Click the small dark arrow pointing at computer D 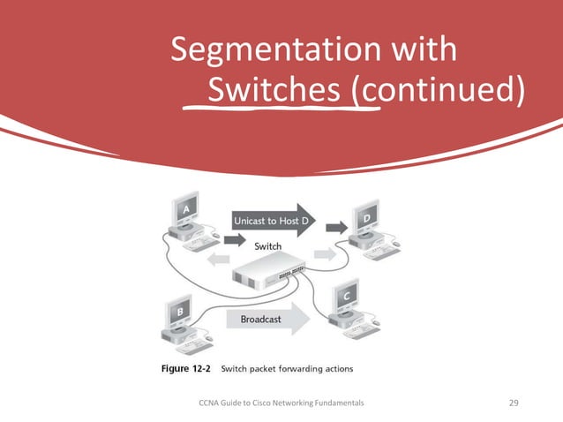pos(336,228)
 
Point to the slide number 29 pos(515,403)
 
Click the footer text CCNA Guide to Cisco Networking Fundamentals pos(281,403)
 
